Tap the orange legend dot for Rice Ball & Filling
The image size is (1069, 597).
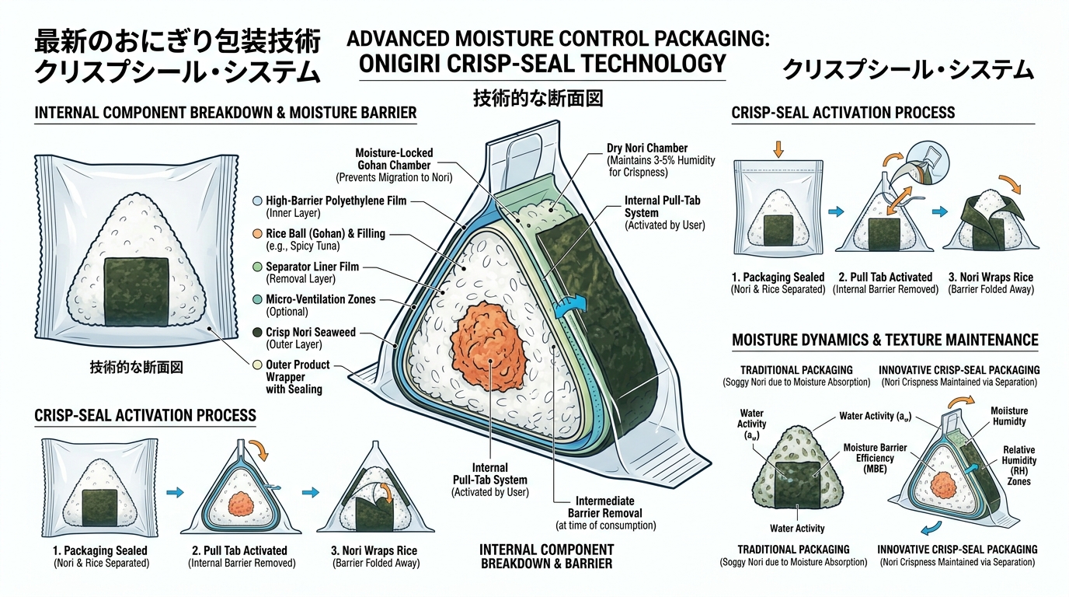coord(258,234)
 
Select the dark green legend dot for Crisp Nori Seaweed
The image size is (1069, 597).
coord(258,333)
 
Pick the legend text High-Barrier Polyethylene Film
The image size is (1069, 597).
coord(335,201)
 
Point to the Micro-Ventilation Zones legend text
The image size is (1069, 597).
coord(320,299)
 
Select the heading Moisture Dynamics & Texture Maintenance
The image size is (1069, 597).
coord(885,340)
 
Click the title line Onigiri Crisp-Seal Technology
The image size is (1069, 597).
coord(543,64)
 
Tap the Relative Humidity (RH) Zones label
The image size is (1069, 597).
coord(1019,466)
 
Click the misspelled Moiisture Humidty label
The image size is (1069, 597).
coord(1008,415)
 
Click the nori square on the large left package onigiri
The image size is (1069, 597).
coord(136,292)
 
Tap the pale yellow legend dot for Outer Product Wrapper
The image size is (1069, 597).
coord(258,365)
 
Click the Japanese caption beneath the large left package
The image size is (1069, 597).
coord(136,368)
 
